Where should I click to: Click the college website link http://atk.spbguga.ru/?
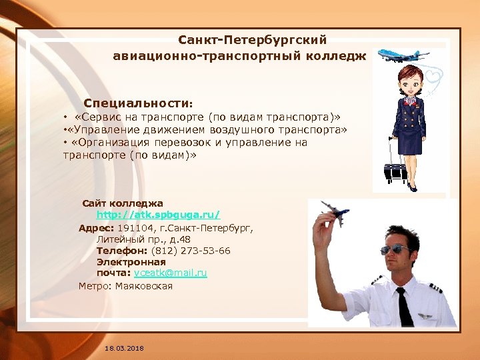coord(158,215)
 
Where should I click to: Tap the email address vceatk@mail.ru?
coord(170,273)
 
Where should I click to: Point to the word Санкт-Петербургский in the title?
coord(253,41)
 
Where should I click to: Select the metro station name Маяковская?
coord(144,286)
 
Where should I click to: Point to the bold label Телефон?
coord(123,251)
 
